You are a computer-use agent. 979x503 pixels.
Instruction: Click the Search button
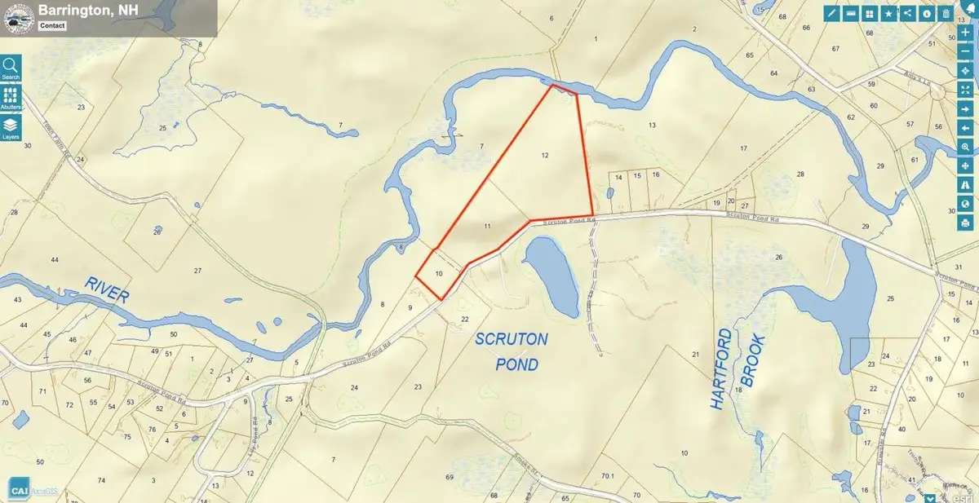11,68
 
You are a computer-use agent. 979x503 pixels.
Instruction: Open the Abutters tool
11,97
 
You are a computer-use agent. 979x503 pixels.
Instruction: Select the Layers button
11,127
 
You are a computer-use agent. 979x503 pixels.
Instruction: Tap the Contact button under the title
54,25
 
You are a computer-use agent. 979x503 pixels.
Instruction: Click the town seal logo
14,16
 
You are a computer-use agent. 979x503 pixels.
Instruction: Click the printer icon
965,222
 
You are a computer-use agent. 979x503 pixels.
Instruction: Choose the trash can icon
946,13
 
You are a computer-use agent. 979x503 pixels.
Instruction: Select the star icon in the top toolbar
888,13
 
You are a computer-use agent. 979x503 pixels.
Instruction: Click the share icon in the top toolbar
907,13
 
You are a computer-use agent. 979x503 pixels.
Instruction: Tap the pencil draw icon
832,13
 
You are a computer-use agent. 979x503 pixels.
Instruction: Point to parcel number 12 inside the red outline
544,154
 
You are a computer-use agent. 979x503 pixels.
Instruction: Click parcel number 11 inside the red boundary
486,224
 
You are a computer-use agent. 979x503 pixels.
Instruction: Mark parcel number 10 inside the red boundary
439,273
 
